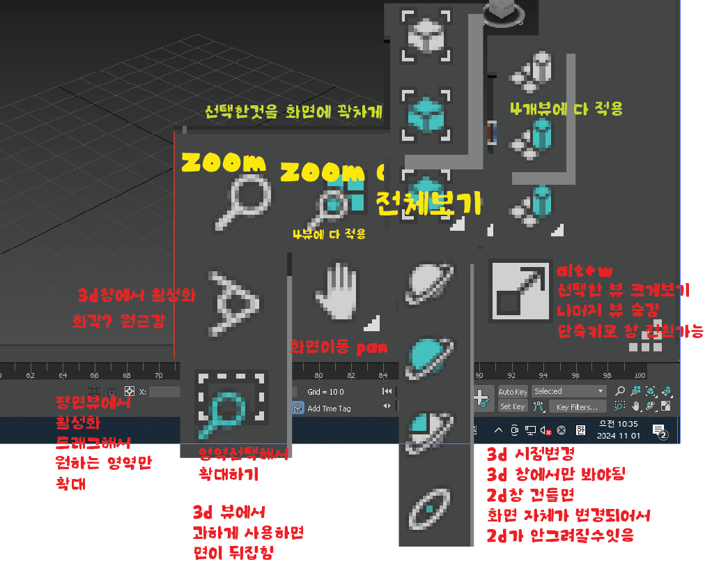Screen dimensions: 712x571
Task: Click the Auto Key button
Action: tap(512, 392)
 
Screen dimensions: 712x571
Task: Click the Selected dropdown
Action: tap(568, 391)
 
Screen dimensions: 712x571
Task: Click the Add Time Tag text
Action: tap(330, 409)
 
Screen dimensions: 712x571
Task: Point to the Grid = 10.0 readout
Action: tap(326, 392)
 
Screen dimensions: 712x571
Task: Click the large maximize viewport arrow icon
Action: tap(518, 290)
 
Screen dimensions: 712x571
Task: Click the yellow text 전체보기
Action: tap(428, 203)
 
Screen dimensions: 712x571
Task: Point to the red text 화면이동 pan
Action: tap(337, 346)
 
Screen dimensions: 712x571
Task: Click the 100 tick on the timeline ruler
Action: tap(640, 375)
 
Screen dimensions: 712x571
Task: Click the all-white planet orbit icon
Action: tap(430, 282)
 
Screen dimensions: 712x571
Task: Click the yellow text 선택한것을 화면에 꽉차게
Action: tap(293, 112)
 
